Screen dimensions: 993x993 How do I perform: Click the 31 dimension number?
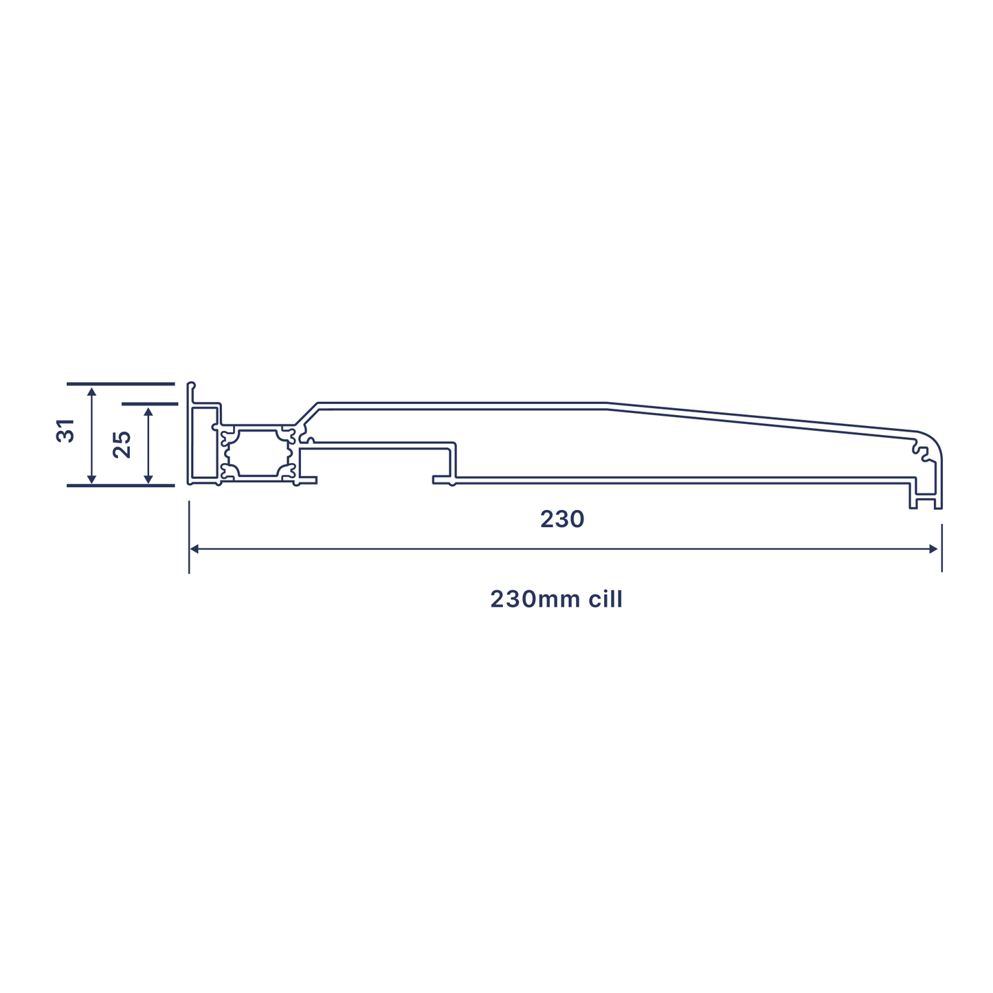point(65,430)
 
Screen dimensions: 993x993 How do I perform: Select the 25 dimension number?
point(122,444)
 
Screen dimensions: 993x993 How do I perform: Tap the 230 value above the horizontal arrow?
point(561,520)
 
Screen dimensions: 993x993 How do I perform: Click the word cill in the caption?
point(605,599)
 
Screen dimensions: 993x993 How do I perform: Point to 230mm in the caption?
point(533,599)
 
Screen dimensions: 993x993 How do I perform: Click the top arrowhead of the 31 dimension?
point(92,392)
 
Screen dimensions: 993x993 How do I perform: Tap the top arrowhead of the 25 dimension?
point(148,412)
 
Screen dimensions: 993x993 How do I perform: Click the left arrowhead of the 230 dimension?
point(194,548)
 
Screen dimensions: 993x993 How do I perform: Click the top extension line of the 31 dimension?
point(120,383)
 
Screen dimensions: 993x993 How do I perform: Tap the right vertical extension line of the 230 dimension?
point(941,548)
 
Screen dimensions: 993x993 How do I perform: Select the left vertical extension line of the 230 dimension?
point(189,536)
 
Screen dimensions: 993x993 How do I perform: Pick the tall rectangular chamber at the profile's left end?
point(204,443)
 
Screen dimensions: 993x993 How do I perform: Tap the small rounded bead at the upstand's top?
point(192,385)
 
